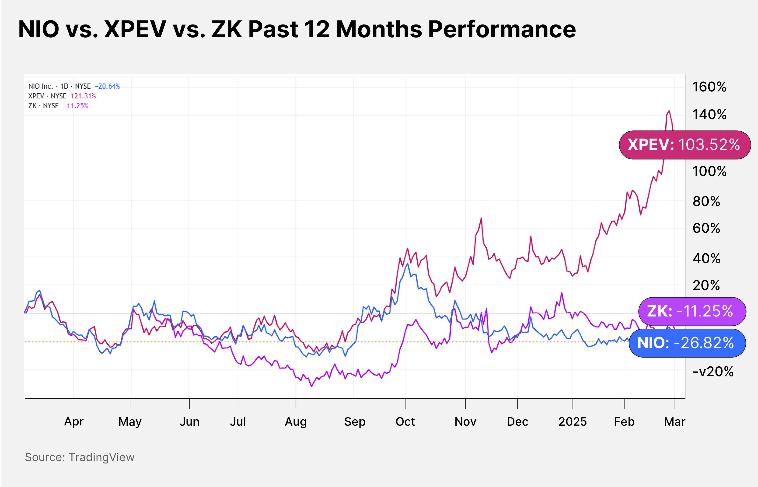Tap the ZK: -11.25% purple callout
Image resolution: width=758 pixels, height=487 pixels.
692,311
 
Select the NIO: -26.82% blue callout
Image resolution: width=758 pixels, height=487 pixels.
687,343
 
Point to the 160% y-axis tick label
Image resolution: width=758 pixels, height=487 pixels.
709,87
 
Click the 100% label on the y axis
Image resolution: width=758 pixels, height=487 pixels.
709,171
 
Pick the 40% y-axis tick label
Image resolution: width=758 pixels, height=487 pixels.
706,259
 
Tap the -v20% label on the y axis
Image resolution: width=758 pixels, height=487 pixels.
713,372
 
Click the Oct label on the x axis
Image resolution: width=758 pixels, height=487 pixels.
405,421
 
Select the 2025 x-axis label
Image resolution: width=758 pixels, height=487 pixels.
572,421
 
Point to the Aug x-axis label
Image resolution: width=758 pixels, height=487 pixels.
296,421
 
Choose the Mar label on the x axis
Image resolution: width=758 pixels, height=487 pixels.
674,421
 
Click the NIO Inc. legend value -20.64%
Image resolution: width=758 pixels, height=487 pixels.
108,86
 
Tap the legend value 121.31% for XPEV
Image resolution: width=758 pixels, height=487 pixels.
83,96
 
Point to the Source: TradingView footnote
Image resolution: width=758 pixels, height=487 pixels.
80,457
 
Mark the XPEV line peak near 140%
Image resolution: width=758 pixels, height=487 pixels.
669,111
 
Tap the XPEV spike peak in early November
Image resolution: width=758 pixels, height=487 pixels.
481,218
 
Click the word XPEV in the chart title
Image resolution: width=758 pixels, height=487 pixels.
135,29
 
